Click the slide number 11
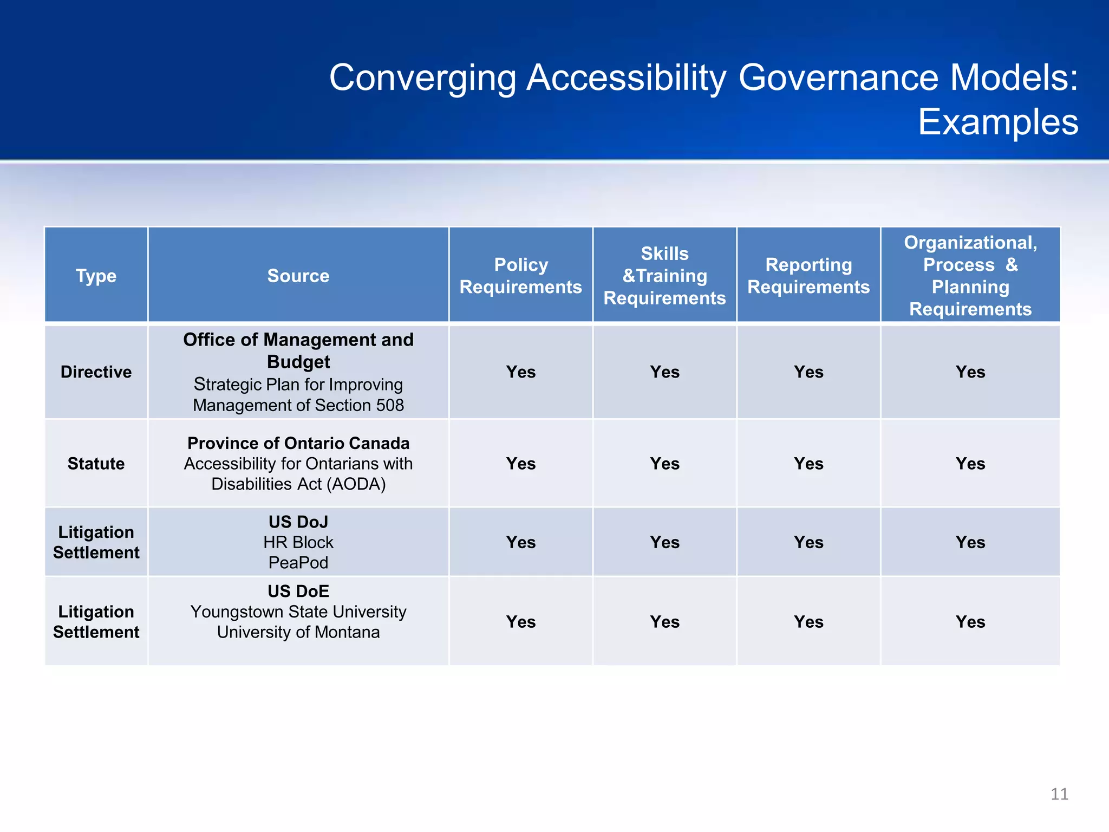tap(1059, 794)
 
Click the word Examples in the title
tap(997, 122)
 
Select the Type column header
tap(96, 276)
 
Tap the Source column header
tap(298, 276)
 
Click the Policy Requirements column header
tap(520, 276)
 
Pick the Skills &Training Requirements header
tap(664, 276)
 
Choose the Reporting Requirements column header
tap(808, 276)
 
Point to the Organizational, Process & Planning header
tap(970, 276)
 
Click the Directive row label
tap(96, 372)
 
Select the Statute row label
tap(96, 464)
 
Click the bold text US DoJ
tap(298, 522)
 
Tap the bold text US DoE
tap(298, 591)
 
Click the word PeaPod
tap(298, 563)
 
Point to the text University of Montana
tap(298, 632)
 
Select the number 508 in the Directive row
tap(390, 405)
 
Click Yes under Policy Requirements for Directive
tap(520, 372)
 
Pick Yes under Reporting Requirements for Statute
tap(808, 464)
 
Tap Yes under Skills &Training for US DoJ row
tap(664, 542)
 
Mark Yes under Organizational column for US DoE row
tap(970, 622)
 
